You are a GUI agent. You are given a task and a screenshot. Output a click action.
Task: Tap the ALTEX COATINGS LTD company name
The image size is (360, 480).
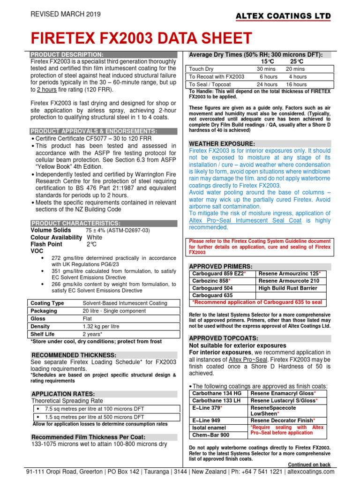pyautogui.click(x=283, y=16)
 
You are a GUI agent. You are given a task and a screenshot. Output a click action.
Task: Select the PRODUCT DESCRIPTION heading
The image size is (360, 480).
pyautogui.click(x=67, y=55)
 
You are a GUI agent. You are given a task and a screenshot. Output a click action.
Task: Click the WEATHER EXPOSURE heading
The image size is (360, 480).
pyautogui.click(x=222, y=143)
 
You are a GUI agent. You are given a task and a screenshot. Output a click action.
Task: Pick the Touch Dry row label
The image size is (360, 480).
pyautogui.click(x=201, y=69)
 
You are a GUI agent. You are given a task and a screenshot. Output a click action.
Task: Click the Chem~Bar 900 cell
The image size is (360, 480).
pyautogui.click(x=212, y=435)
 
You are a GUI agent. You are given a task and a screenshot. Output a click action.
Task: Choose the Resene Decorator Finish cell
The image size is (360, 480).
pyautogui.click(x=283, y=420)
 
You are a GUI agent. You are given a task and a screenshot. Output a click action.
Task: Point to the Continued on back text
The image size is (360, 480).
pyautogui.click(x=309, y=465)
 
